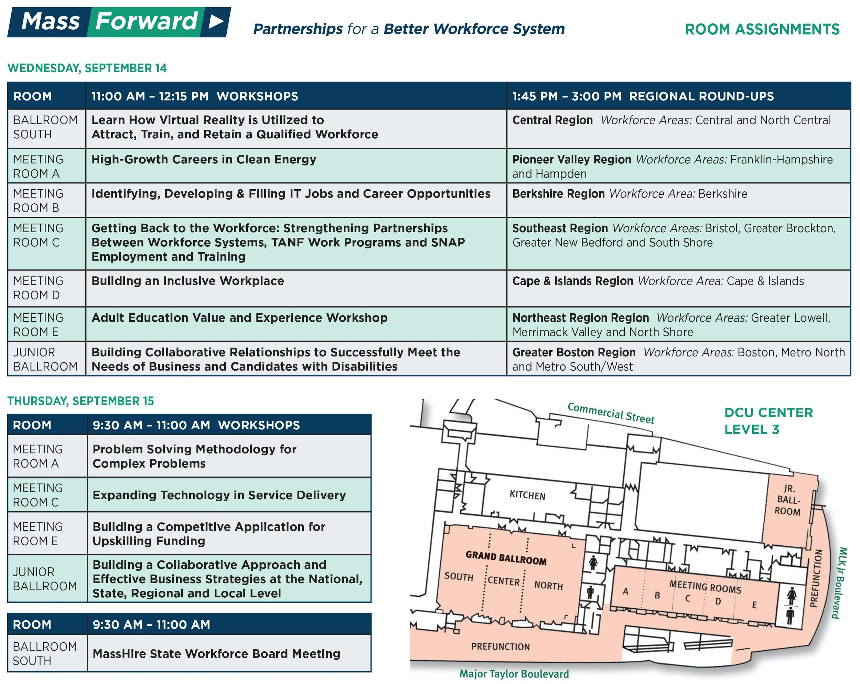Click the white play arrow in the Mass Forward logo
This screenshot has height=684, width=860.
click(216, 22)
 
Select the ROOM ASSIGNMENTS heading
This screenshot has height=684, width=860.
click(762, 30)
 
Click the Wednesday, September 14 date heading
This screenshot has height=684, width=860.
click(87, 68)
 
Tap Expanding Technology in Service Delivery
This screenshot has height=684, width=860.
click(219, 495)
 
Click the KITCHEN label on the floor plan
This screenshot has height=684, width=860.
click(527, 495)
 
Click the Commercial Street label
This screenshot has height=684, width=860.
click(611, 413)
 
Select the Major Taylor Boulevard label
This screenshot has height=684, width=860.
click(514, 674)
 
